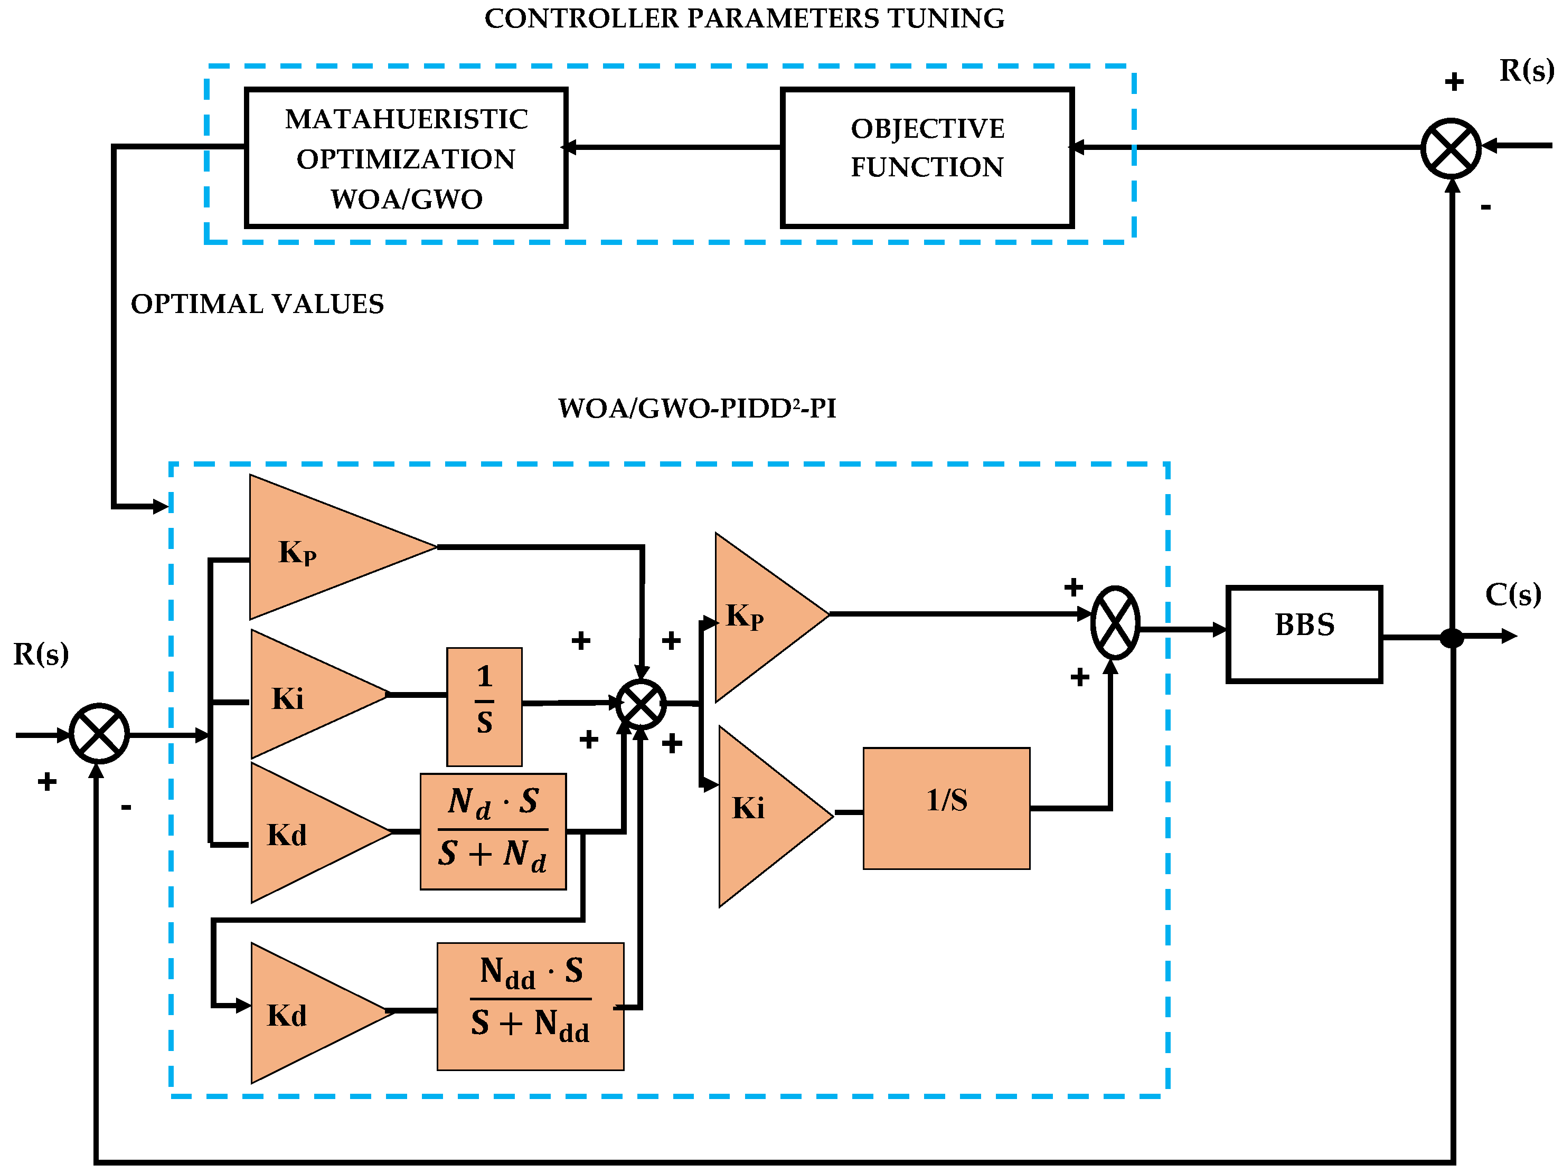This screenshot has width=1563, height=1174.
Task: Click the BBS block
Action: coord(1303,633)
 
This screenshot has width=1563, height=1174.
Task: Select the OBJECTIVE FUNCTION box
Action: coord(926,157)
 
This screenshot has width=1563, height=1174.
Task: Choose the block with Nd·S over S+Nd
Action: coord(493,831)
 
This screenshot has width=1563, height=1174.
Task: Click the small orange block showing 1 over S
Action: coord(484,706)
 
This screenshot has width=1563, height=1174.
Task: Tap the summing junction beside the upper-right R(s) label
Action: coord(1450,148)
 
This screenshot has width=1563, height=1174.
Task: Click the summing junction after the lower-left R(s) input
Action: coord(99,733)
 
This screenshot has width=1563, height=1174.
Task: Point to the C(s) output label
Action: coord(1512,595)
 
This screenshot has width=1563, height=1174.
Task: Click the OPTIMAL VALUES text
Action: coord(257,304)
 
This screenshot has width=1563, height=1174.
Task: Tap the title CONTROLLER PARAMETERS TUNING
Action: coord(744,18)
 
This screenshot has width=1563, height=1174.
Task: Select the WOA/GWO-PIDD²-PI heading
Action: coord(696,408)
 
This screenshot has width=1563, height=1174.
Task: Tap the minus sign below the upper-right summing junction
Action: coord(1485,207)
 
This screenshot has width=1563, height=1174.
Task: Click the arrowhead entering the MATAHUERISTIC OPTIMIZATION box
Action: coord(570,147)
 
